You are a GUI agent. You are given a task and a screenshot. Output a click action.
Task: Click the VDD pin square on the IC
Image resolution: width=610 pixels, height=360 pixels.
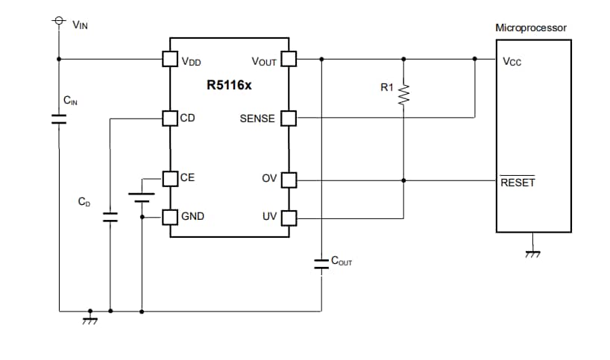click(170, 59)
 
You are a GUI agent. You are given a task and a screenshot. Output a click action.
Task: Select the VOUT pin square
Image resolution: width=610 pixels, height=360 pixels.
click(289, 59)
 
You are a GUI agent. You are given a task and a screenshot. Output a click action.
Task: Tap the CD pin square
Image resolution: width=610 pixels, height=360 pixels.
click(170, 118)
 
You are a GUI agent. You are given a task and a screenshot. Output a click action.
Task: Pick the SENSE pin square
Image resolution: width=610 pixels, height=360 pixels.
click(289, 118)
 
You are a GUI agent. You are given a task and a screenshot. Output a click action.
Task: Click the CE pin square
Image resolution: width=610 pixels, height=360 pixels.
click(170, 178)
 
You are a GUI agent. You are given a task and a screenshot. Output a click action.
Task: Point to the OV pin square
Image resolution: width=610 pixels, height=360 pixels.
click(289, 180)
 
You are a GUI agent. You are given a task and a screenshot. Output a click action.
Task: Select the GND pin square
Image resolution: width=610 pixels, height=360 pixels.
click(170, 217)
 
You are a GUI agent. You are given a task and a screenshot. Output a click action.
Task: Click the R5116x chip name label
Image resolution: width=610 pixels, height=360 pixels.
click(229, 85)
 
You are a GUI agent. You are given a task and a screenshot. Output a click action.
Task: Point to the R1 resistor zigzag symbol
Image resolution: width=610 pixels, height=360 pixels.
click(403, 95)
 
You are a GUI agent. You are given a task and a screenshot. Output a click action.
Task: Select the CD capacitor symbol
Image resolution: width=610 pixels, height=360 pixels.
click(110, 217)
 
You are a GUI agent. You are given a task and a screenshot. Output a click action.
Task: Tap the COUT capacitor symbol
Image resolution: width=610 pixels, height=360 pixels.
click(321, 263)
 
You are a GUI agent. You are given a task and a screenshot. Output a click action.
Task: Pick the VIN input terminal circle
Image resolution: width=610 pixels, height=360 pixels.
click(58, 22)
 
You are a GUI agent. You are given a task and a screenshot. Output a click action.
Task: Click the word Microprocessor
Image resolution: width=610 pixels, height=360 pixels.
click(531, 28)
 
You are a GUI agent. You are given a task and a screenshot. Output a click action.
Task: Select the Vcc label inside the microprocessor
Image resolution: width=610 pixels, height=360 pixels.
click(512, 62)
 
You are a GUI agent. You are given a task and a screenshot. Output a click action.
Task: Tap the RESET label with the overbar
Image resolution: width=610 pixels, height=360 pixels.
click(518, 183)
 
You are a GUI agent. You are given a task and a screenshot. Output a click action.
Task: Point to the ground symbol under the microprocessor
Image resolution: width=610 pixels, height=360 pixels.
click(532, 253)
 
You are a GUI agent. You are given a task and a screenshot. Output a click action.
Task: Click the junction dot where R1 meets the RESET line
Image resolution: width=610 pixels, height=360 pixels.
click(403, 180)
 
